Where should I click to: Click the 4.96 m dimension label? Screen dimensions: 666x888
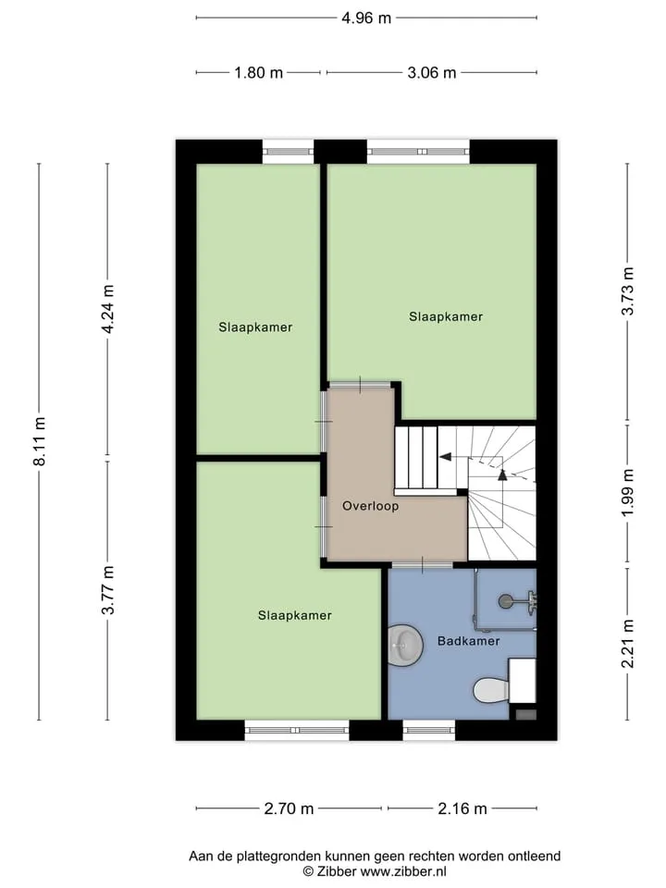click(x=366, y=18)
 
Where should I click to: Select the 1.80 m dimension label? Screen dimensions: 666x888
click(x=258, y=73)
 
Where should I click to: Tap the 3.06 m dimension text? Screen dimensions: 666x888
click(x=432, y=73)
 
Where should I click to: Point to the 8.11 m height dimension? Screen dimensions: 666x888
click(x=39, y=441)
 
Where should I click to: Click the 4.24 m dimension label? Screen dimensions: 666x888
click(x=107, y=309)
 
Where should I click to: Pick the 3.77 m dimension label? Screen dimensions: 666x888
click(x=107, y=589)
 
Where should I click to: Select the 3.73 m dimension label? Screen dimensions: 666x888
click(x=627, y=290)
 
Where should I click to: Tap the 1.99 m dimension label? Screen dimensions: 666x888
click(x=627, y=493)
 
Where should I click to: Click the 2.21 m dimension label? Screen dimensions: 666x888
click(x=627, y=644)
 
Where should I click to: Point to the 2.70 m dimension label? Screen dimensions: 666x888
click(x=289, y=808)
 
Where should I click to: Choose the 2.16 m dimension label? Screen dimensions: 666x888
click(x=462, y=808)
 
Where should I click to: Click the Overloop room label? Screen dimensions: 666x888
click(x=370, y=506)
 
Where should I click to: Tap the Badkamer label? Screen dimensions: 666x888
click(x=468, y=640)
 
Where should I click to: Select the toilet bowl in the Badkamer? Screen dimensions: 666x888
click(x=491, y=689)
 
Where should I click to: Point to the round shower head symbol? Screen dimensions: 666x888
click(x=505, y=601)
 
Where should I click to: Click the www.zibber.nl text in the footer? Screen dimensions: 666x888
click(x=404, y=871)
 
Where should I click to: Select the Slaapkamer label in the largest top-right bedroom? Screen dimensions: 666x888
click(x=446, y=316)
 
